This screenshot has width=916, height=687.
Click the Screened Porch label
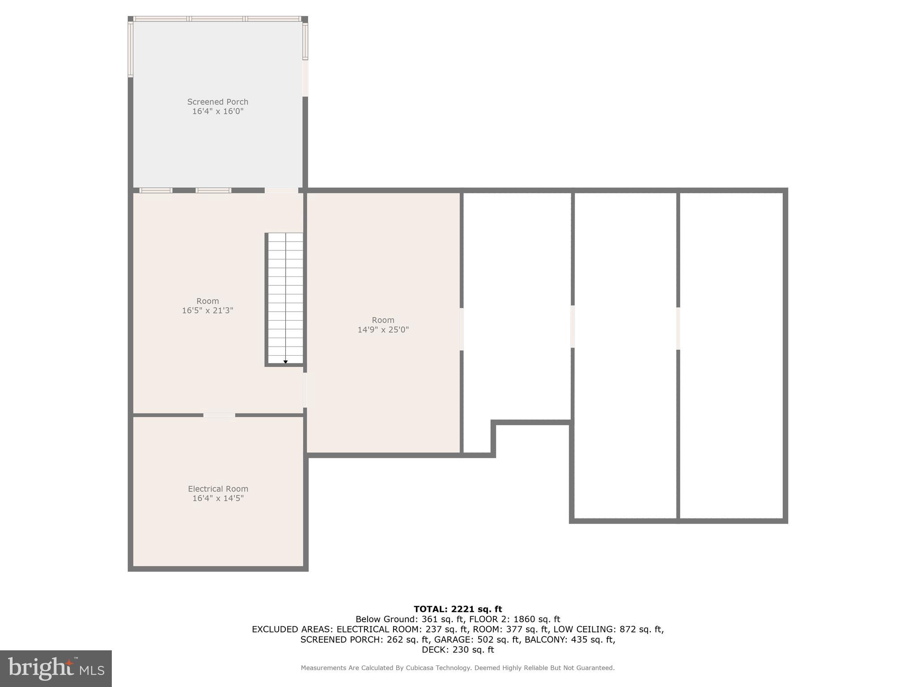(x=217, y=102)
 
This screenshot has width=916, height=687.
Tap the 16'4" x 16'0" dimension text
(x=217, y=111)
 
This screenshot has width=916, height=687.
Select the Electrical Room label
(x=218, y=489)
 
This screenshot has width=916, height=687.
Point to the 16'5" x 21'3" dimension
(x=208, y=310)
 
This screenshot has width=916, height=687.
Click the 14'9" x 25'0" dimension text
(x=383, y=330)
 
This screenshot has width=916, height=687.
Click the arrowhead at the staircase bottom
(x=285, y=361)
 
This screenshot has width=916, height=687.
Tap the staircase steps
(x=285, y=295)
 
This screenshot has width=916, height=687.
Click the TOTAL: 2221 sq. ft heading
(x=458, y=609)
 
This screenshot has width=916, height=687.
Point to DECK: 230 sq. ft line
(x=458, y=650)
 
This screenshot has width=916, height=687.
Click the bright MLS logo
(x=55, y=668)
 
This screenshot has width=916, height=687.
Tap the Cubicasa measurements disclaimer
(x=458, y=668)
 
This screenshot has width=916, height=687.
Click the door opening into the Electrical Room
(x=219, y=415)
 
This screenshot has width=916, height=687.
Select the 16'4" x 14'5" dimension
(x=218, y=498)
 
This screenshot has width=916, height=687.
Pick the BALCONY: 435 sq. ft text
(x=569, y=640)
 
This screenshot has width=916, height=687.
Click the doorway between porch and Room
(x=281, y=191)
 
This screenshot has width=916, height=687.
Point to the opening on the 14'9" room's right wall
(x=462, y=329)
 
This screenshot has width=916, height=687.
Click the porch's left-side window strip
(x=131, y=49)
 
